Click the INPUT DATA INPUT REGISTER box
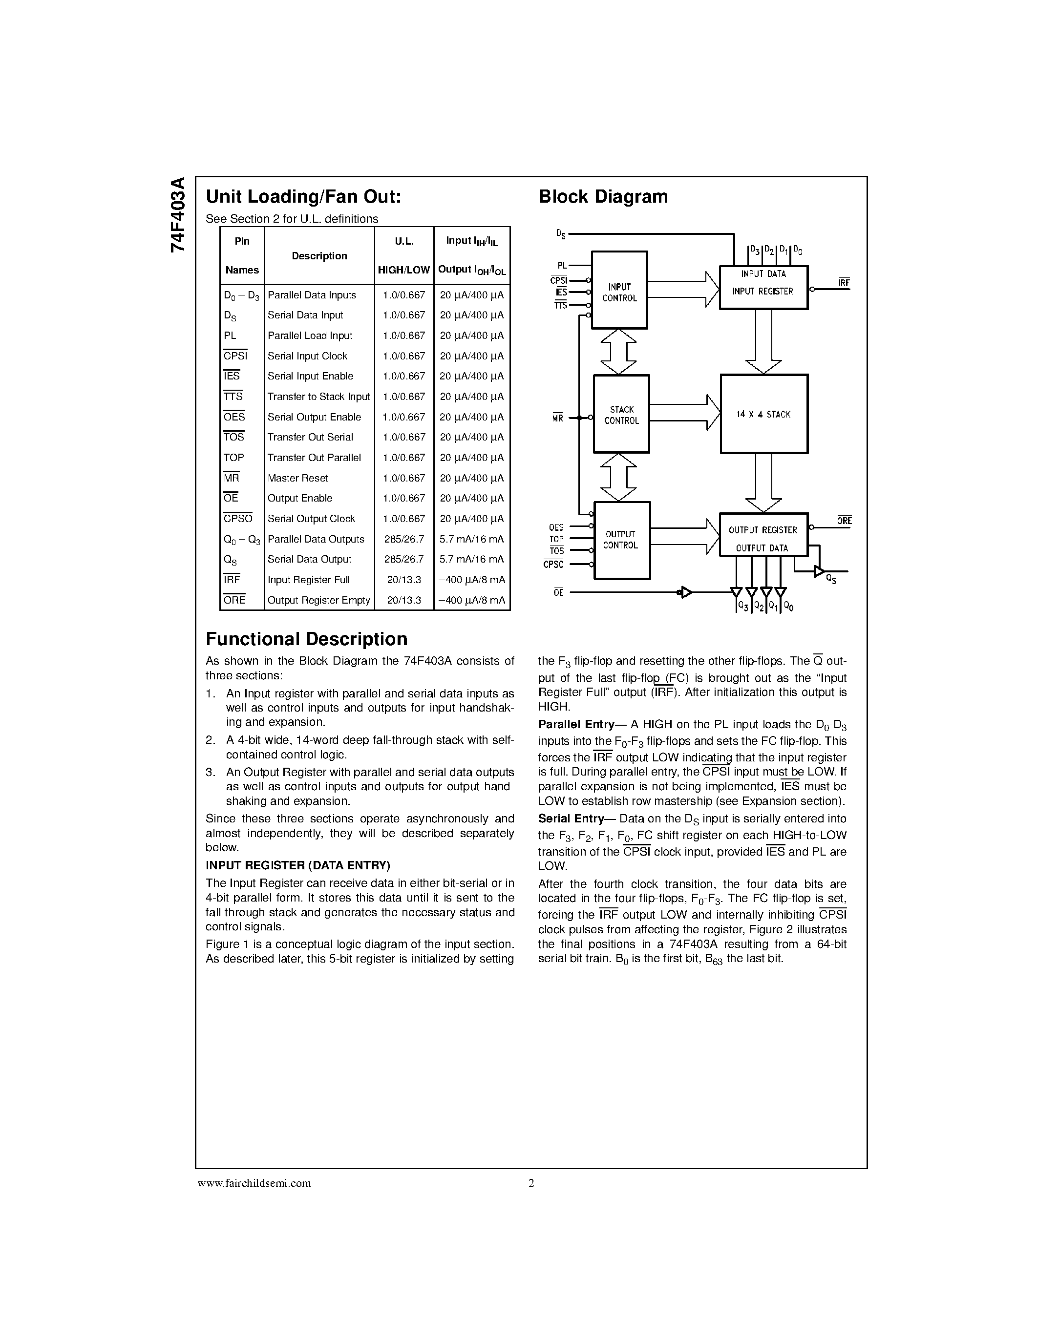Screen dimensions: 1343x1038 [x=763, y=287]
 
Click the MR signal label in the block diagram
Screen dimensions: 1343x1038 [x=558, y=419]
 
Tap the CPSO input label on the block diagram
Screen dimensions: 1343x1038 [x=553, y=565]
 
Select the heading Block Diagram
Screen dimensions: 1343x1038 [x=603, y=197]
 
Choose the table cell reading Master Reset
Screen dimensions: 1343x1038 [x=297, y=478]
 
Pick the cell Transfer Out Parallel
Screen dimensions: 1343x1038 [x=314, y=458]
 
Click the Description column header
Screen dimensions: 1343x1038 [x=319, y=256]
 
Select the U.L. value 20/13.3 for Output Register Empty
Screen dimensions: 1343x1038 [x=403, y=600]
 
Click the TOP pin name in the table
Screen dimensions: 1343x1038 [x=233, y=458]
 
